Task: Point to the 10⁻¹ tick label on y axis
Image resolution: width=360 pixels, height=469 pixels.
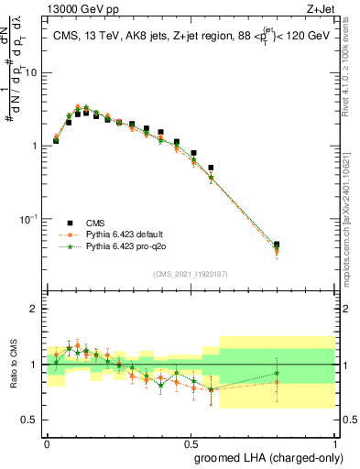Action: pos(27,219)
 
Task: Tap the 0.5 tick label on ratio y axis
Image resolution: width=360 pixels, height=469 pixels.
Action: pos(30,420)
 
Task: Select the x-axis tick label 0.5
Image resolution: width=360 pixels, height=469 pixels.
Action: pos(191,441)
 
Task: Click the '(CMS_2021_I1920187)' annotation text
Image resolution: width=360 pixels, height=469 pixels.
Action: pos(189,274)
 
